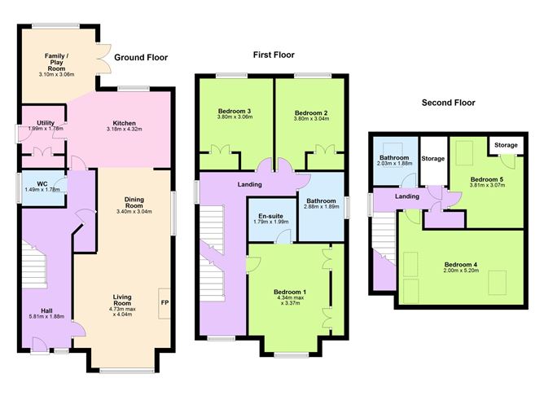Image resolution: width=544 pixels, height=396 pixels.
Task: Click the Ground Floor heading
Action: (141, 58)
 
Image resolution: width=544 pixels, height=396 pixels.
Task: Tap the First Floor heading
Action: (274, 55)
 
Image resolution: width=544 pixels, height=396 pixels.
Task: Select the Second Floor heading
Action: (448, 103)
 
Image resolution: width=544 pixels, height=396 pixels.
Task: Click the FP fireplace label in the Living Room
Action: (165, 302)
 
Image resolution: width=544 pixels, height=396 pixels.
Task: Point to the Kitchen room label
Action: (125, 123)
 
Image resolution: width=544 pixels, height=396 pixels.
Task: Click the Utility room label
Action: (46, 123)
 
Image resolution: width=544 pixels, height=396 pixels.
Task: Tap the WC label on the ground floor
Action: (42, 184)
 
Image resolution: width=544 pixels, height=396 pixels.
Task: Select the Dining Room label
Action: (134, 202)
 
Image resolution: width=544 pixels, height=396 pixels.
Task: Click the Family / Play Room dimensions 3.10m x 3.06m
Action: (56, 75)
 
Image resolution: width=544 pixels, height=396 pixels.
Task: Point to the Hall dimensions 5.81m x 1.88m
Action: (47, 316)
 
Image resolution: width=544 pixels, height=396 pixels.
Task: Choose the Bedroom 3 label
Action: (235, 111)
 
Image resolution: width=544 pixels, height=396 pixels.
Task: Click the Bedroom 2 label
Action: (311, 112)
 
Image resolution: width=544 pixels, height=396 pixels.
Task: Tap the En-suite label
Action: (270, 216)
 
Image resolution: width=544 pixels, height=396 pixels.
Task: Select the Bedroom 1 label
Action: (290, 292)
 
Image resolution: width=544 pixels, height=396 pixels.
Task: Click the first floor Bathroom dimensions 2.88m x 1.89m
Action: (321, 206)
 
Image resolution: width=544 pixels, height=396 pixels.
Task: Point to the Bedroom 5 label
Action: (487, 179)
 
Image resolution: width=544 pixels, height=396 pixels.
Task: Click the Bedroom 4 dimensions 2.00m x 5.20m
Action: (461, 270)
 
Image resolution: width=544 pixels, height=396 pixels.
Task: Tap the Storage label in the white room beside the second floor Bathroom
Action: (433, 159)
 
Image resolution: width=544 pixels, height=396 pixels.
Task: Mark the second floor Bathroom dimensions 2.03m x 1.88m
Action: (394, 164)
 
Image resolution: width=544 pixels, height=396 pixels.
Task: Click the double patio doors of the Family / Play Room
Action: (103, 59)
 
